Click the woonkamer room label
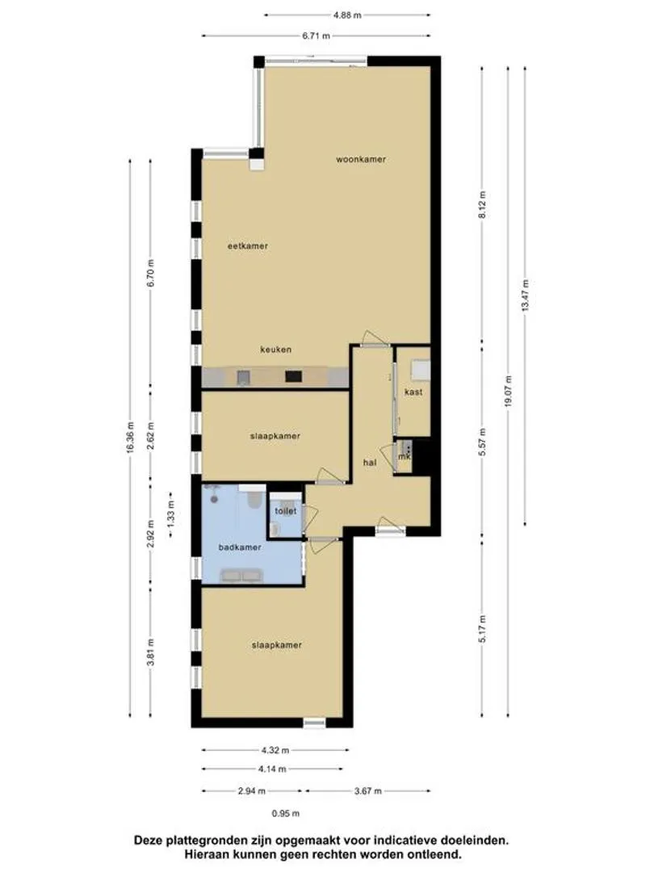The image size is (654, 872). click(360, 159)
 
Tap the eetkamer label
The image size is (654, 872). click(248, 245)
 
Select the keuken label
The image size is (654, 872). click(276, 350)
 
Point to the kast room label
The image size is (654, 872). click(413, 392)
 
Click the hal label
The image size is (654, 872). click(369, 462)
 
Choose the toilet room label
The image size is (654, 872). click(285, 511)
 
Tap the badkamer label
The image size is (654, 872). click(240, 547)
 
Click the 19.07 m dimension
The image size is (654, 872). click(508, 392)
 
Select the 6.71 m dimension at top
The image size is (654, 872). click(316, 36)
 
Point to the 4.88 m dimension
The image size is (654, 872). click(347, 15)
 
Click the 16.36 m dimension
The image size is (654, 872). click(130, 437)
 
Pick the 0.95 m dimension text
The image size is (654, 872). click(285, 814)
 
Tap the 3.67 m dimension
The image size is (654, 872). click(367, 790)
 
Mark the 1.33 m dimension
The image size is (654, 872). click(170, 514)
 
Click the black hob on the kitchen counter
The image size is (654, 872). click(294, 376)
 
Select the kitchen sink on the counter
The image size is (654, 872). click(244, 378)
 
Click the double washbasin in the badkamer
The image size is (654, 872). click(241, 576)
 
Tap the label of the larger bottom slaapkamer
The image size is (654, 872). click(276, 645)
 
